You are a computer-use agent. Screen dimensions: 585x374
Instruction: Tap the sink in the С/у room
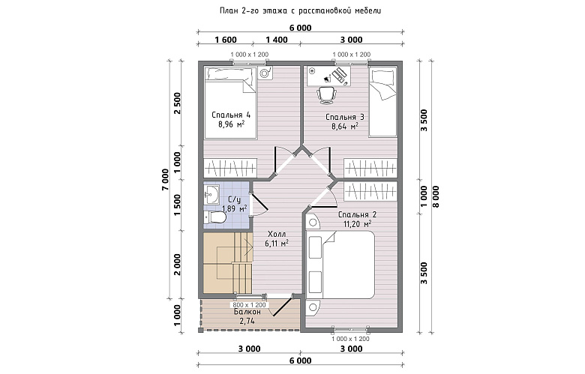point(212,195)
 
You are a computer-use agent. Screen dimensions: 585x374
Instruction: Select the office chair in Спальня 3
point(327,94)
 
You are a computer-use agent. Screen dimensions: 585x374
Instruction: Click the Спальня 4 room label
point(231,115)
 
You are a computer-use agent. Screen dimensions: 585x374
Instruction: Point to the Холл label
point(277,234)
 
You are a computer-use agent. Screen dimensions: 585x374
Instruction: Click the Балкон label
point(247,312)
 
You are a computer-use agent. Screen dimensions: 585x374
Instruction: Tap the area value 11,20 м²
point(357,224)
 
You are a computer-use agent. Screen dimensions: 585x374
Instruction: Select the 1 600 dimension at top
point(226,40)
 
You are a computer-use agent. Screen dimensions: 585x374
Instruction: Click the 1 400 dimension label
point(277,40)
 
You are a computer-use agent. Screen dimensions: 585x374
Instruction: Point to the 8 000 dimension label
point(436,196)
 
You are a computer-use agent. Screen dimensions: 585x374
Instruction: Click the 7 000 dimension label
point(165,180)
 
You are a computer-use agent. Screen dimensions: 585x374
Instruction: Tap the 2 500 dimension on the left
point(177,103)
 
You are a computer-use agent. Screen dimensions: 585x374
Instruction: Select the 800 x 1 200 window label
point(249,305)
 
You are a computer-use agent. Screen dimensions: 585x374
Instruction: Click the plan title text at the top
point(300,10)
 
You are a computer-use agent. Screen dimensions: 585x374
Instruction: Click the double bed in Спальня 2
point(340,265)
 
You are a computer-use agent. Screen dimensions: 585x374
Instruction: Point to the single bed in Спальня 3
point(382,102)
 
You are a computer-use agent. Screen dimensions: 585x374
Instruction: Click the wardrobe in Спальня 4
point(230,168)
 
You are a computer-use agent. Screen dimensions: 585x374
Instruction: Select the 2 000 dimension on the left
point(177,265)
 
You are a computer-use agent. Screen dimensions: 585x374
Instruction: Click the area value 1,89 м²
point(234,209)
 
